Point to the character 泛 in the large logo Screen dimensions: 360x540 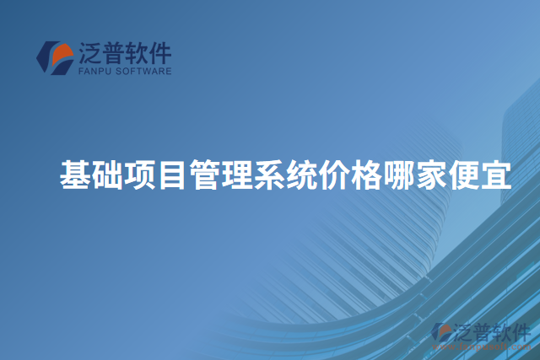[89, 53]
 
